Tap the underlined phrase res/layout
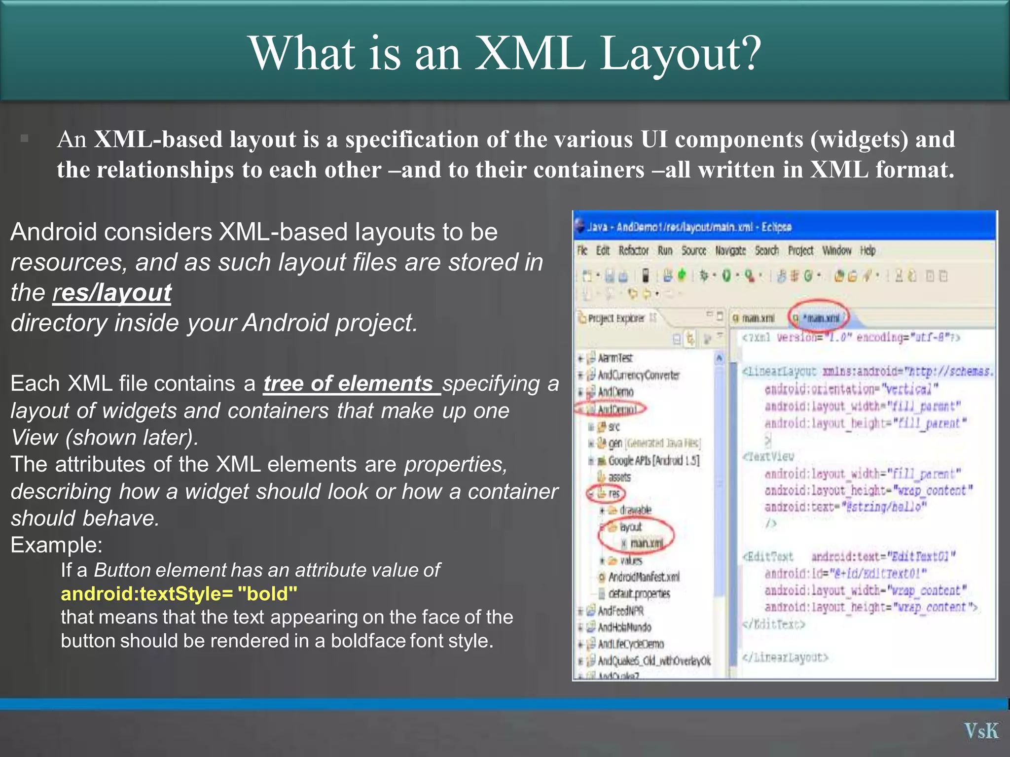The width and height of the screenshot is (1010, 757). pos(112,293)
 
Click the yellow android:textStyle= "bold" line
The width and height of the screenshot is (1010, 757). pos(179,593)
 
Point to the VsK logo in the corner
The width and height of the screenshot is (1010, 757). pos(981,730)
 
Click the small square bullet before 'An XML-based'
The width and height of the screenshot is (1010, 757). pos(24,138)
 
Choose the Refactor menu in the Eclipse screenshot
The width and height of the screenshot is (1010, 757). pos(634,251)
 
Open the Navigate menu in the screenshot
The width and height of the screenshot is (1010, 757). pos(730,251)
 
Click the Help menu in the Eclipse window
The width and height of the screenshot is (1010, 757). pos(867,251)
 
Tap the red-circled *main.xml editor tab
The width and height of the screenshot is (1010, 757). pos(819,318)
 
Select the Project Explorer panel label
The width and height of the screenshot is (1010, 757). pos(616,318)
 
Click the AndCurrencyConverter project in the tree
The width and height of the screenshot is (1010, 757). pos(639,375)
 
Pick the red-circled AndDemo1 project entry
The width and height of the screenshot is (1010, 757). pos(616,409)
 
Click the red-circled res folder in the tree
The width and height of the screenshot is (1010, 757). pos(613,493)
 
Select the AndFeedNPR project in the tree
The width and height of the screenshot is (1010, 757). pos(620,611)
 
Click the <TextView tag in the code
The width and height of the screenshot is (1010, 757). pos(769,456)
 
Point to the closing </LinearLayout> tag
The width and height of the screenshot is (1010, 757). pos(785,657)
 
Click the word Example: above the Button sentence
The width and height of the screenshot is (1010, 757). pos(57,545)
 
